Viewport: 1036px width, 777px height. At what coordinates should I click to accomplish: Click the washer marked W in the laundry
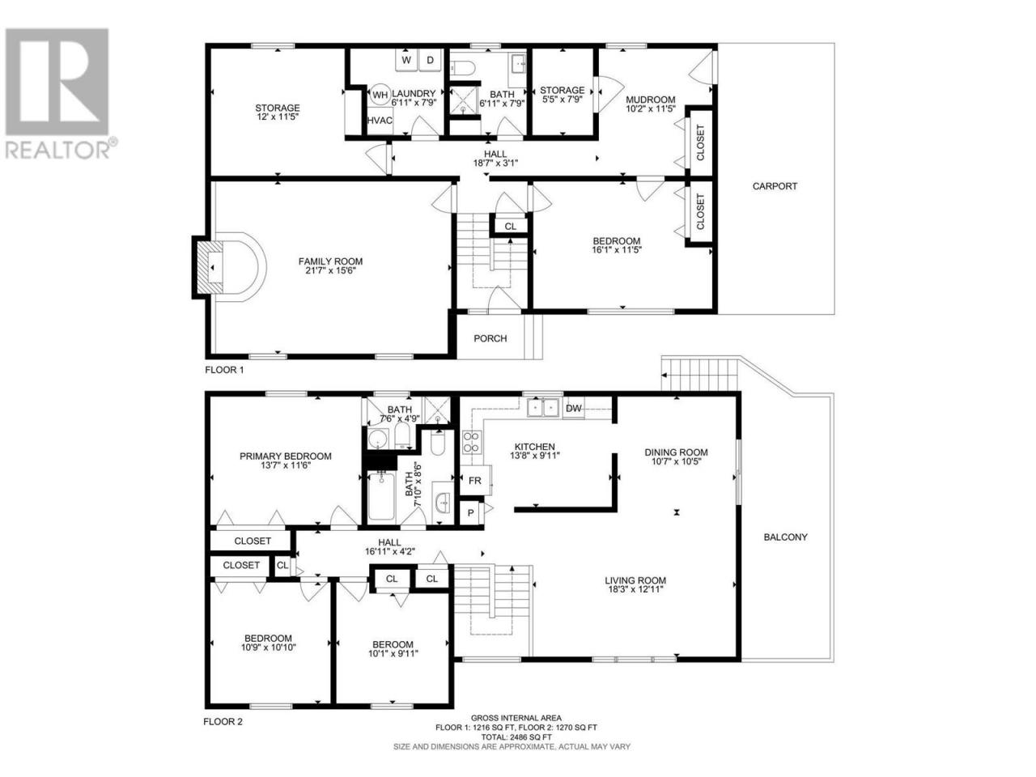click(x=406, y=60)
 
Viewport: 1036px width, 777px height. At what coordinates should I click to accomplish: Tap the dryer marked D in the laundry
click(x=430, y=60)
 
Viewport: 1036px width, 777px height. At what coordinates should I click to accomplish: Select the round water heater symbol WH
click(x=380, y=95)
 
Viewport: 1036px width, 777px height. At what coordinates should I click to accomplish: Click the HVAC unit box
click(x=380, y=121)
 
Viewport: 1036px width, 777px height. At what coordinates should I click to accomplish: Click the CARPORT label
click(x=775, y=186)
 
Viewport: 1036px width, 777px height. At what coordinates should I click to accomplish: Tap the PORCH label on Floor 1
click(x=490, y=339)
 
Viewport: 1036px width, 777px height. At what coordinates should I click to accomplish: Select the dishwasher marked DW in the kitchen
click(x=574, y=409)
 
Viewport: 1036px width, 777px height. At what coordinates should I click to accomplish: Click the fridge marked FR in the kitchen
click(x=475, y=481)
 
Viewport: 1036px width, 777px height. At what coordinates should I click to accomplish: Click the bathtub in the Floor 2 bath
click(x=381, y=496)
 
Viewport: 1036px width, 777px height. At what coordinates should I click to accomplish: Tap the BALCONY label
click(x=785, y=537)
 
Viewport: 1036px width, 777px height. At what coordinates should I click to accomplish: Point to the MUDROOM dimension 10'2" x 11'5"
click(x=651, y=108)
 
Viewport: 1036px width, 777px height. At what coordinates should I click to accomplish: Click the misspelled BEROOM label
click(x=393, y=644)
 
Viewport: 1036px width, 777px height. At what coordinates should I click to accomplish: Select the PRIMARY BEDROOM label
click(x=286, y=456)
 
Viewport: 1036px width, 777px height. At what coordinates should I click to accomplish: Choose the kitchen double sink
click(x=543, y=408)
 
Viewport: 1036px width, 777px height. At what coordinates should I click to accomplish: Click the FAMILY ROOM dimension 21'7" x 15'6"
click(x=330, y=271)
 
